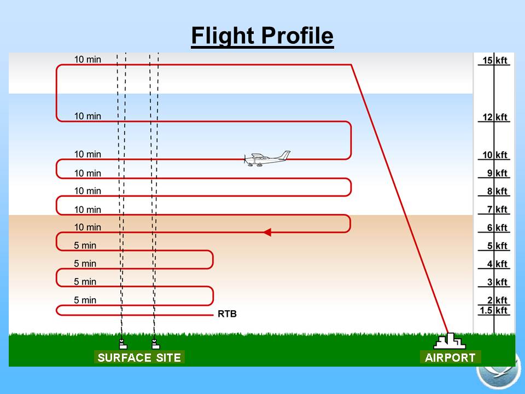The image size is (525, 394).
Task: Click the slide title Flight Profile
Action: (262, 36)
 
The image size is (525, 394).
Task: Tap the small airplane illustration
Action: (267, 159)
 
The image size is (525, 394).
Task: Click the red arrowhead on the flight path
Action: (267, 232)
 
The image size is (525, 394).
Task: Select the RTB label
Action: (227, 314)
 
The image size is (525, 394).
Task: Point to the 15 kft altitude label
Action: (494, 61)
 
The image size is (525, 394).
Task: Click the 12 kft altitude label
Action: (494, 117)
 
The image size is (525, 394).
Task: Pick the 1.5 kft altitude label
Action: (494, 311)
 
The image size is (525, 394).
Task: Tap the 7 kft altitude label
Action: (497, 210)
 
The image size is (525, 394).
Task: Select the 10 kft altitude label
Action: (494, 155)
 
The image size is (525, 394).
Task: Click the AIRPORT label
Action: (450, 357)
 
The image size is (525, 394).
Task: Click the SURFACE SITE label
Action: (139, 357)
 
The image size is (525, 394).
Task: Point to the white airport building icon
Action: (450, 341)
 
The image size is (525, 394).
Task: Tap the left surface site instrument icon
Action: (123, 344)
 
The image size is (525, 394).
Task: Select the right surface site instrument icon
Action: (156, 344)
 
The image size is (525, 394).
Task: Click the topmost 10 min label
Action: (87, 59)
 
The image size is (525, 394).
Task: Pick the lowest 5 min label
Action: (85, 300)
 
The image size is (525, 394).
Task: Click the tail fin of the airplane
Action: (285, 155)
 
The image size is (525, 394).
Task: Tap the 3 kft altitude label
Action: (497, 282)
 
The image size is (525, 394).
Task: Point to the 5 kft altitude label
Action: (497, 246)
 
